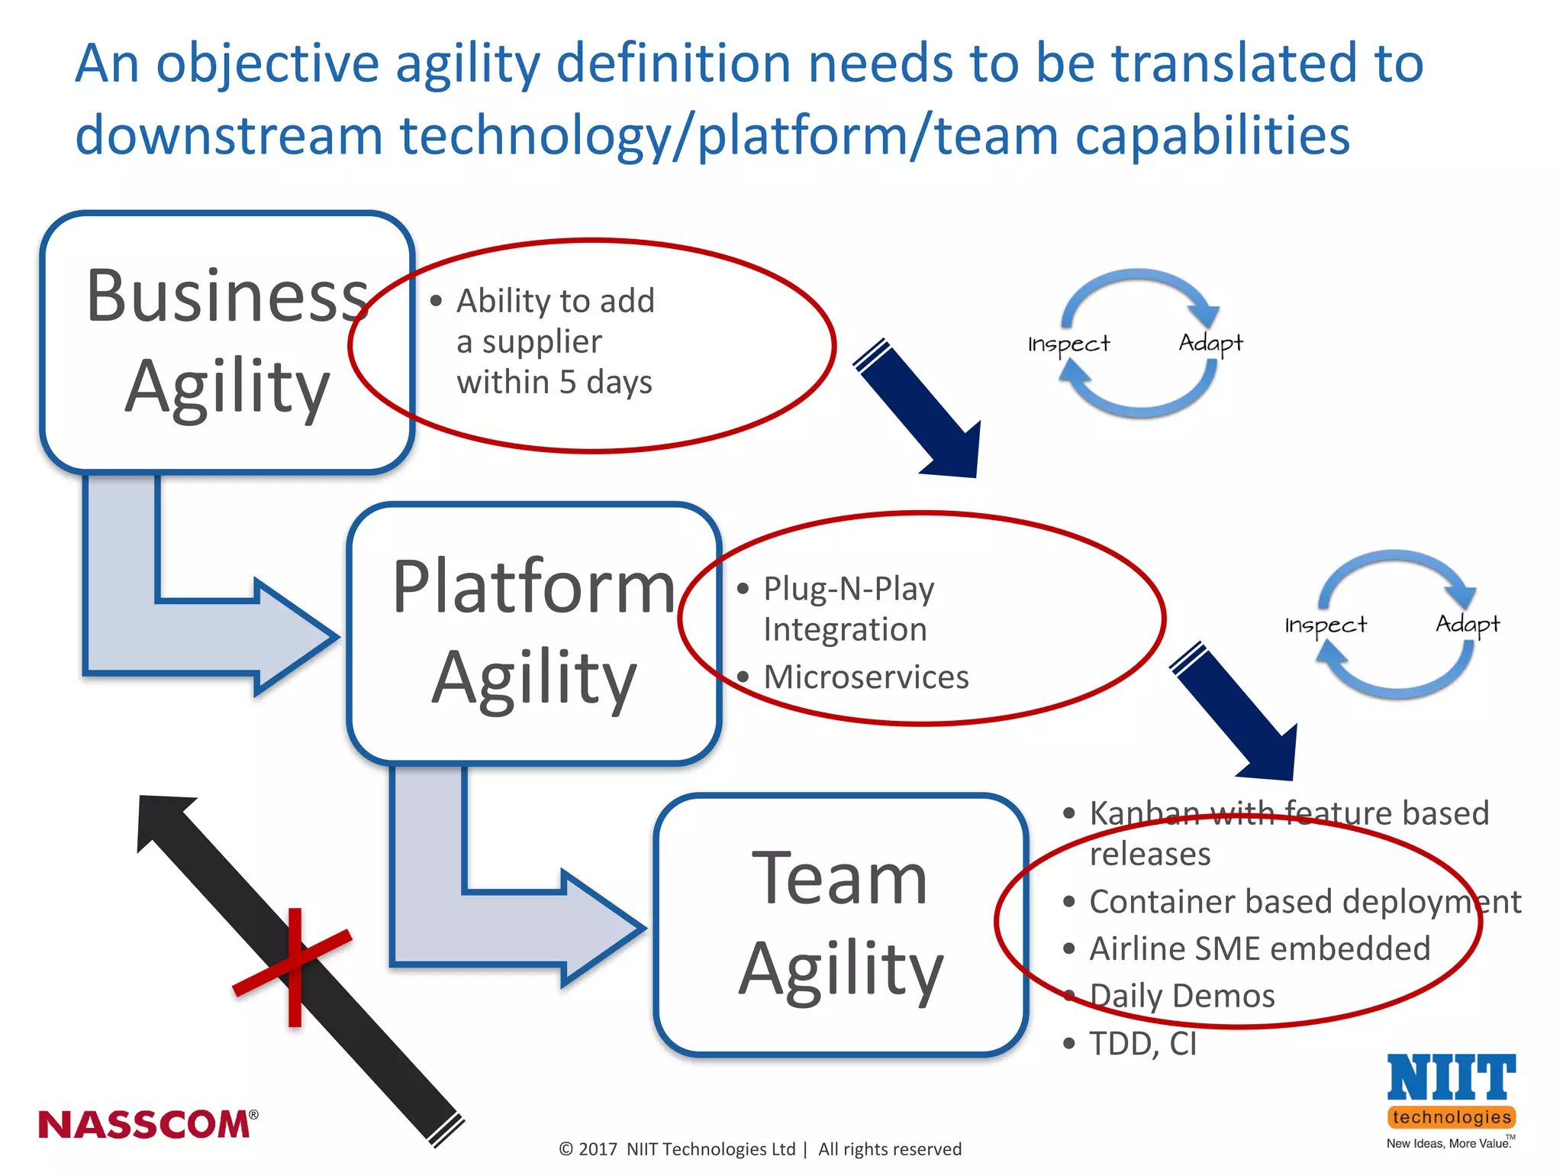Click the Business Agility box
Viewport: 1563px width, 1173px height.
tap(227, 341)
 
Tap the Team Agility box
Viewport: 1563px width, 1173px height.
tap(840, 924)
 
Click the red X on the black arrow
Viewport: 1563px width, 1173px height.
tap(294, 967)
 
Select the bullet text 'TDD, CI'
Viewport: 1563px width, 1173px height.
tap(1142, 1043)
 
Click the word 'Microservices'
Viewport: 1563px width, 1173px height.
tap(865, 677)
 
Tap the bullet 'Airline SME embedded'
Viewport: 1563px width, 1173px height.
tap(1259, 948)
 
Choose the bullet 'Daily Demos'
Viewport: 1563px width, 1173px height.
tap(1181, 996)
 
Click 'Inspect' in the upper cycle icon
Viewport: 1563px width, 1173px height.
tap(1068, 344)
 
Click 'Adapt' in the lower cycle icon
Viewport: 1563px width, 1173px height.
tap(1467, 624)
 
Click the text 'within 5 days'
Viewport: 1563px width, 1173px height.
tap(554, 382)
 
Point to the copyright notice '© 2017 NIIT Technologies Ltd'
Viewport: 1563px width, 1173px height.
tap(677, 1149)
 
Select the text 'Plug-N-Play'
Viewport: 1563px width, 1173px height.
tap(849, 589)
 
